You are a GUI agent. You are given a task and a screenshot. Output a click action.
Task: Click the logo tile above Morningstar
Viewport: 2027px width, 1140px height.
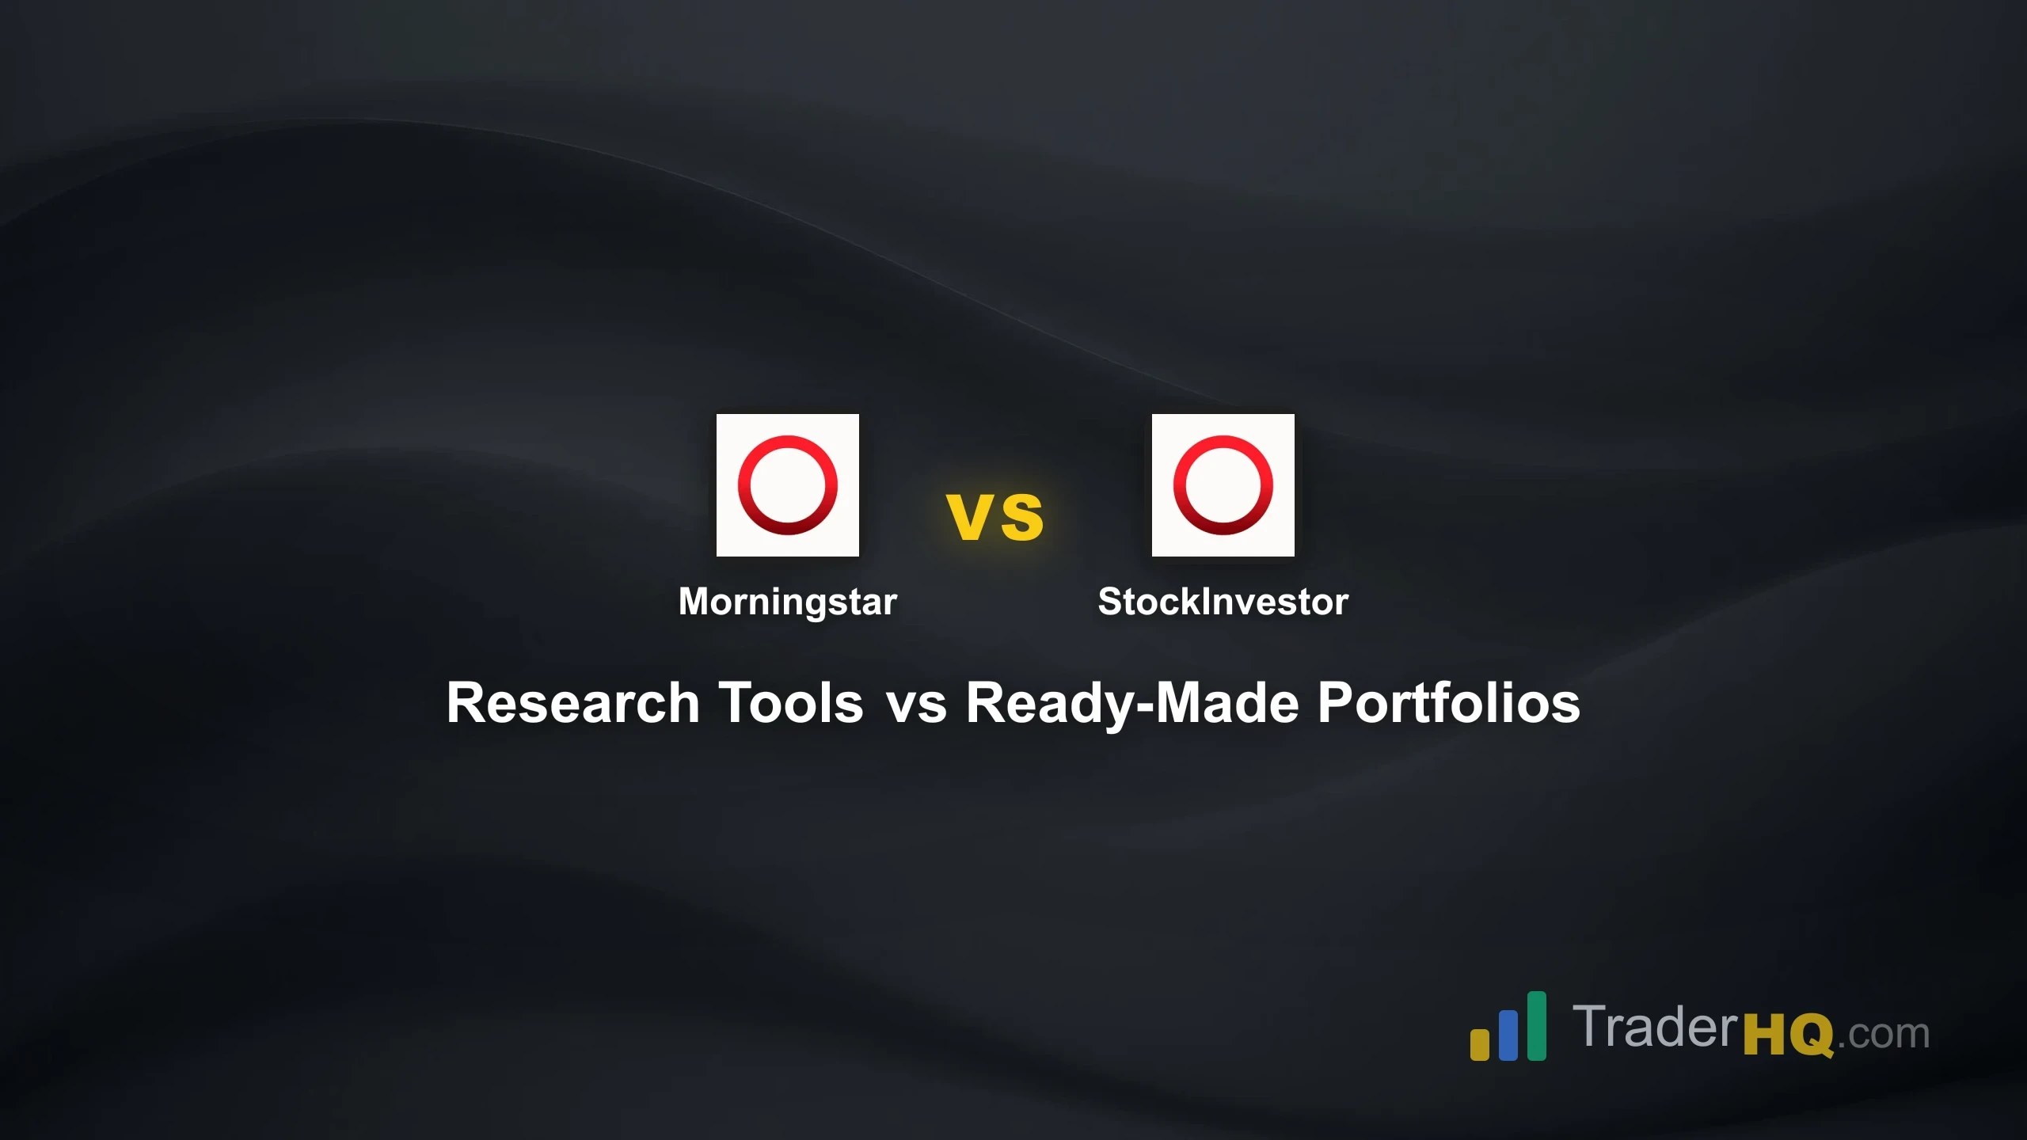click(x=787, y=484)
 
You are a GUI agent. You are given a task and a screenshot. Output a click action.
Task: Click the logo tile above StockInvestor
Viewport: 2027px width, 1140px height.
click(x=1223, y=484)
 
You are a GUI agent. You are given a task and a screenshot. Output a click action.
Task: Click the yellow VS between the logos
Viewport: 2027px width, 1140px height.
click(x=995, y=517)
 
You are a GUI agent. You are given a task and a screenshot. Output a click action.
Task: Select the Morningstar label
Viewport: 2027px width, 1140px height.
click(x=787, y=602)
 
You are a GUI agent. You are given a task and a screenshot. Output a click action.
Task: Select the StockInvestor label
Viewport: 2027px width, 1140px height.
click(x=1223, y=602)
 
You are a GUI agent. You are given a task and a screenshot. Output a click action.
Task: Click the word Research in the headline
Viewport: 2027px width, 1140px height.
click(x=573, y=703)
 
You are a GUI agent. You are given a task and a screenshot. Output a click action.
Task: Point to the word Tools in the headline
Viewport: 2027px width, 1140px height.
click(x=790, y=703)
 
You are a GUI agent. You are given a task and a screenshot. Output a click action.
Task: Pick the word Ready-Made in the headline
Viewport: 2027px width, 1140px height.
click(x=1132, y=703)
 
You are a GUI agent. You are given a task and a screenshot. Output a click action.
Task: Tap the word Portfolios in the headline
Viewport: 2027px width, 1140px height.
click(x=1448, y=703)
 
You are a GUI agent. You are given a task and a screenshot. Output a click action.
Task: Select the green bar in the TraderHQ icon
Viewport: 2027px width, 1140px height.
click(x=1536, y=1025)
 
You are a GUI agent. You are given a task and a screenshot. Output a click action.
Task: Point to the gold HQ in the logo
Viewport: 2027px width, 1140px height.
click(x=1788, y=1034)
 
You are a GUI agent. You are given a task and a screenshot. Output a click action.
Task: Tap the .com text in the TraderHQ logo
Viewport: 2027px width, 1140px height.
click(x=1884, y=1034)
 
